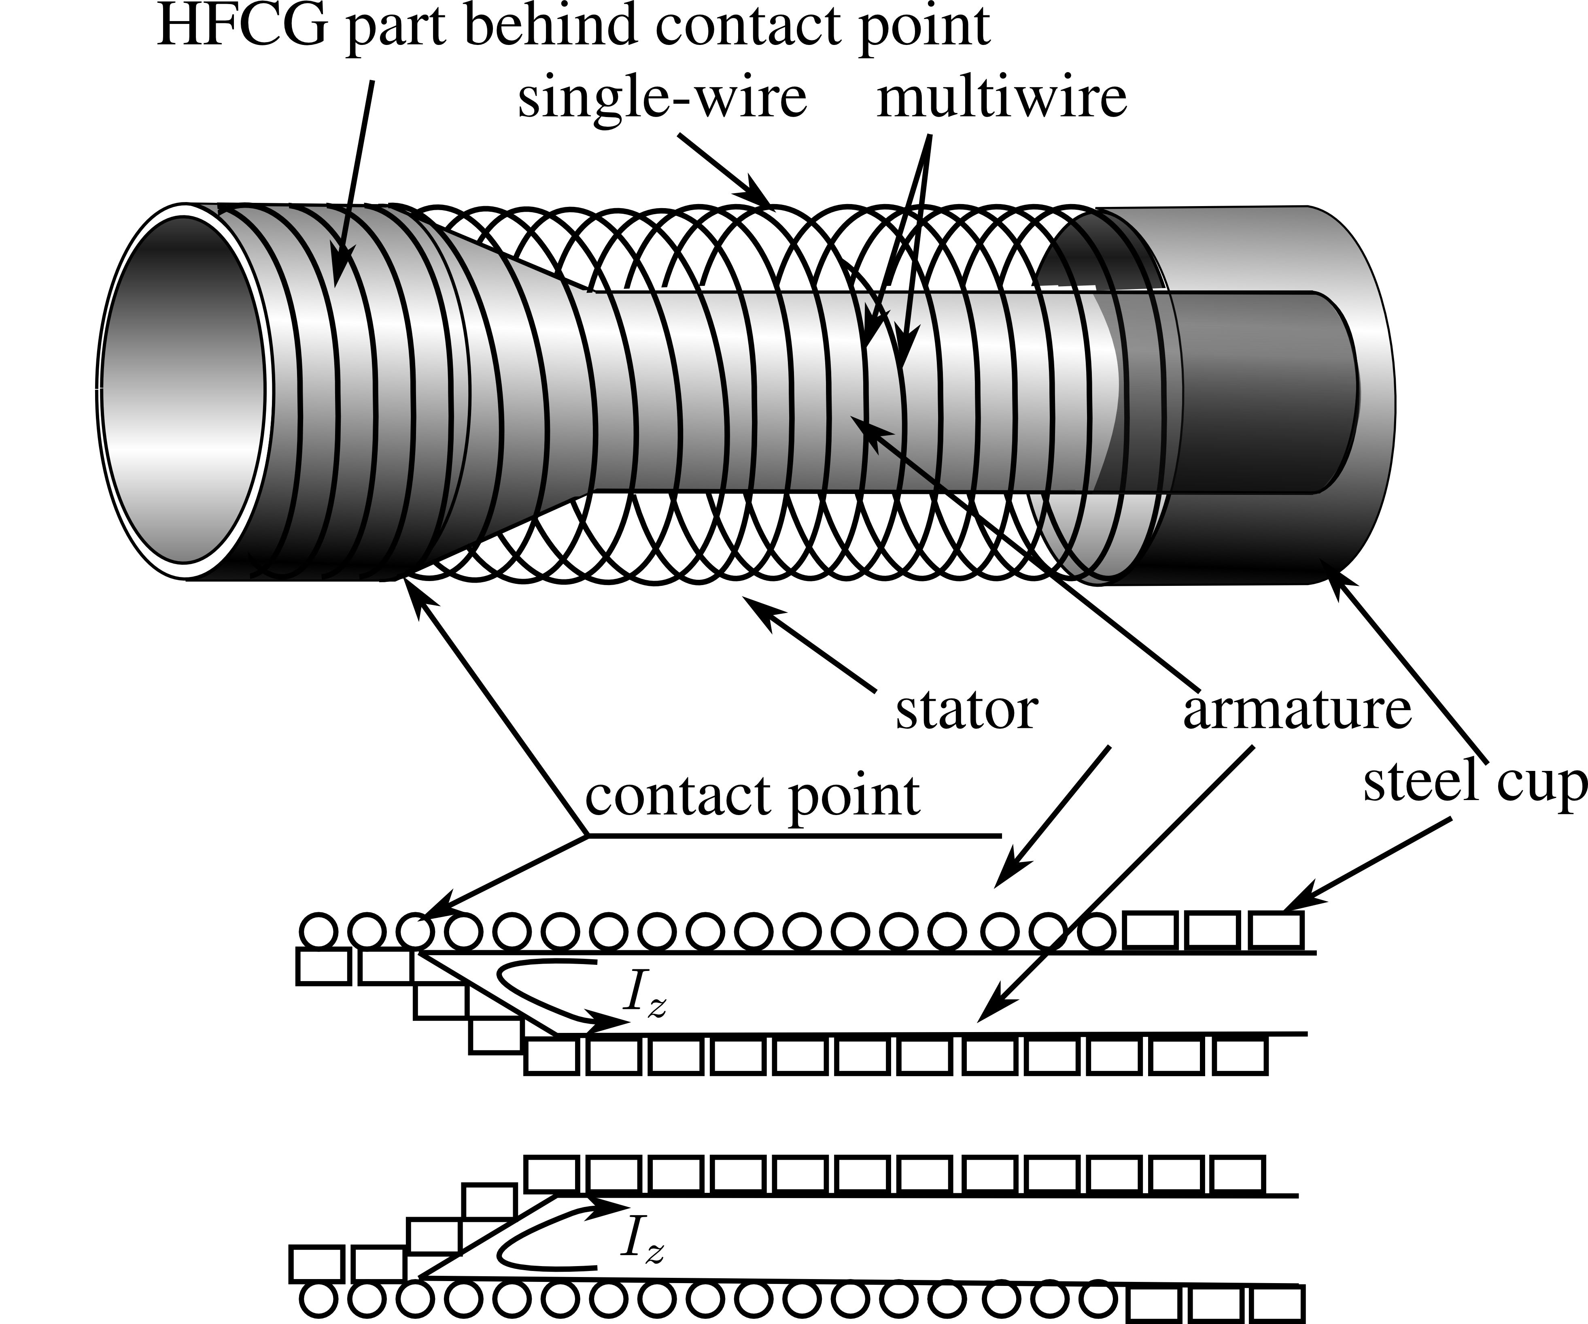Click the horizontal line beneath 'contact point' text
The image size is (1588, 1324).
pyautogui.click(x=794, y=835)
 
